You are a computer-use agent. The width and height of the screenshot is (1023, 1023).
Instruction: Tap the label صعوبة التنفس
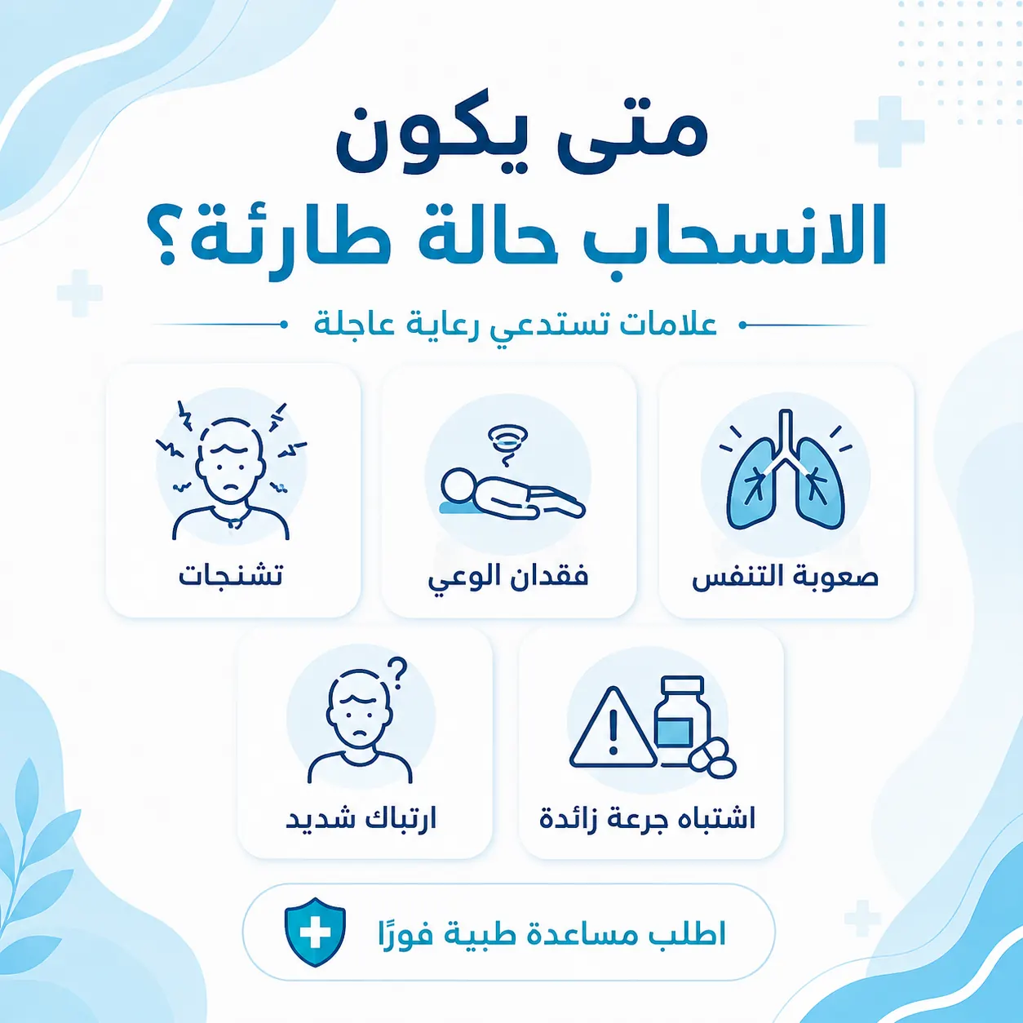[x=786, y=577]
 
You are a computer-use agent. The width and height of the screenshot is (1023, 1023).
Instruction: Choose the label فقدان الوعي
[x=508, y=578]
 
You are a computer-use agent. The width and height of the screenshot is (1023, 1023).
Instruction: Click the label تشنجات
[x=230, y=577]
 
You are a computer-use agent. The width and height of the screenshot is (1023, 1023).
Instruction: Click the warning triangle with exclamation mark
[x=613, y=727]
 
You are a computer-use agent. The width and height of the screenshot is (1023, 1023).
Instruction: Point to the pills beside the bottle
[x=712, y=759]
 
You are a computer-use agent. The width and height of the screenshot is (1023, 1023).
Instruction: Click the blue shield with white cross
[x=315, y=932]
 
